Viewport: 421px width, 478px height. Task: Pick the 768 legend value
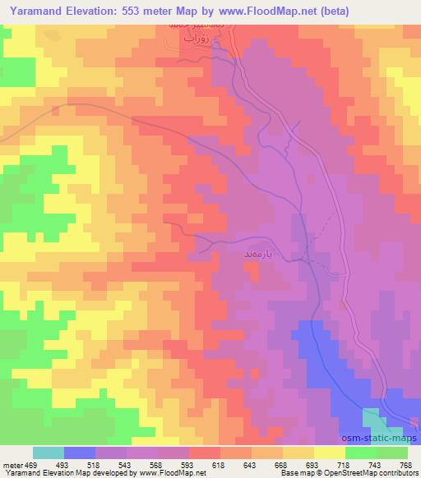click(405, 464)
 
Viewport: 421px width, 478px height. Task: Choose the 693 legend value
click(313, 464)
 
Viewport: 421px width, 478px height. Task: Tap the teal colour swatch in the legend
click(49, 453)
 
